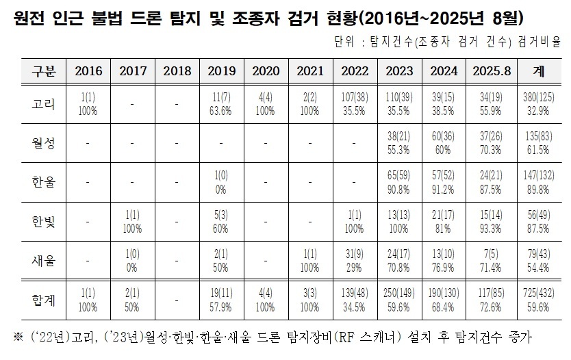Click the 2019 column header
[221, 70]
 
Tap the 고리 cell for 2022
[355, 105]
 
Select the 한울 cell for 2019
[221, 183]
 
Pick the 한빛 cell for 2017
[133, 222]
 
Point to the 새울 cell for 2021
[310, 260]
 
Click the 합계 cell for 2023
[399, 300]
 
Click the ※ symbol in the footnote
[16, 338]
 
